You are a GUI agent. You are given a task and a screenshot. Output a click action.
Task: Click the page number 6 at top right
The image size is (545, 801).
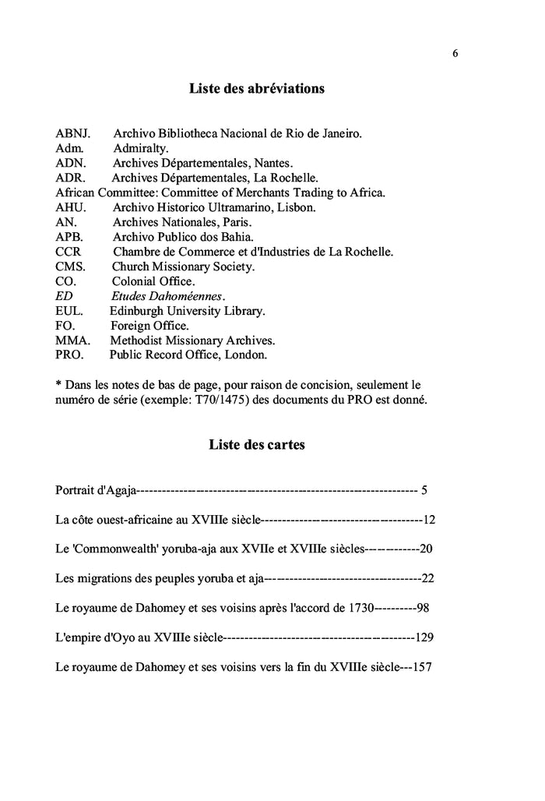455,53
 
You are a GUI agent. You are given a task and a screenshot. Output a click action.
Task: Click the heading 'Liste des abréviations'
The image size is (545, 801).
257,89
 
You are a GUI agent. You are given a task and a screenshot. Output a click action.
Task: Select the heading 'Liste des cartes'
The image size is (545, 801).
257,445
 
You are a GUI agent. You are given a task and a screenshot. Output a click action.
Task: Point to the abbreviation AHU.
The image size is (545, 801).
70,207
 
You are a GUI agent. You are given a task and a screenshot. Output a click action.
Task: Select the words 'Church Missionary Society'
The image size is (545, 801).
184,266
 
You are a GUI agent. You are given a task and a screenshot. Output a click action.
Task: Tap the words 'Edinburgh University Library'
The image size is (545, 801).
188,311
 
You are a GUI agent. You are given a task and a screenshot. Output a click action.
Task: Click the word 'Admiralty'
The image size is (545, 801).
141,148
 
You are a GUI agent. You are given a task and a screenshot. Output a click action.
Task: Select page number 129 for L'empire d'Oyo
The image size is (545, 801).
424,637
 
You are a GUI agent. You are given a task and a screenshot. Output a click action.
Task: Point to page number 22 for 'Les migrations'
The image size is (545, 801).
427,579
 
